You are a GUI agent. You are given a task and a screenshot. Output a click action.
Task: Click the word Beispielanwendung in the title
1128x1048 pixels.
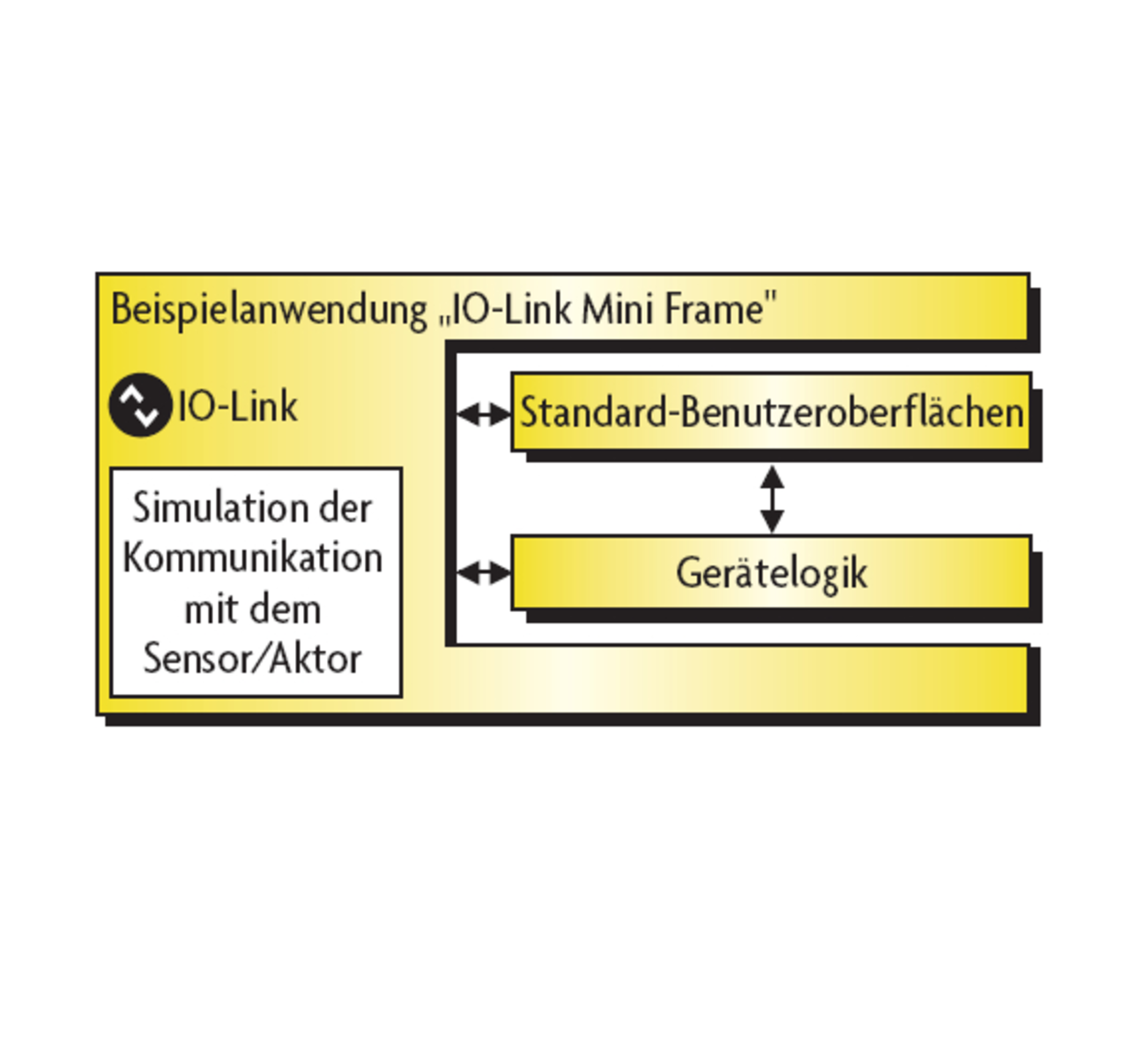pos(269,310)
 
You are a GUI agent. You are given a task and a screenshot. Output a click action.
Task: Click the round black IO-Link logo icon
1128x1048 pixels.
pos(140,405)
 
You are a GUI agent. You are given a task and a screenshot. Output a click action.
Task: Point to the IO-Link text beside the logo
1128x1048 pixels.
pos(238,406)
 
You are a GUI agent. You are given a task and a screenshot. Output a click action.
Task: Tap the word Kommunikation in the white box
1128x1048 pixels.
pos(253,558)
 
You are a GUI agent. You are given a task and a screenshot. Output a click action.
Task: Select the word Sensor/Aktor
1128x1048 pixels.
pos(253,659)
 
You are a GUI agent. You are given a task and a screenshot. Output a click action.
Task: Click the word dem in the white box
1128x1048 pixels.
pos(283,609)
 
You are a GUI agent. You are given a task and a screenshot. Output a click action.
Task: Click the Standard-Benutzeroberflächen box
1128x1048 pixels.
pos(771,412)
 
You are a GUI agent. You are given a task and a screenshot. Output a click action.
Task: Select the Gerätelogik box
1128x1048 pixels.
pos(771,572)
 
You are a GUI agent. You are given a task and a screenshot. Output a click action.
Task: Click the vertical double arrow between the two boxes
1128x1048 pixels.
pos(772,499)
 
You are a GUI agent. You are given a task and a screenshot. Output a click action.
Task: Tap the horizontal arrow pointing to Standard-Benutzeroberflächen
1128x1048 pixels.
pos(484,413)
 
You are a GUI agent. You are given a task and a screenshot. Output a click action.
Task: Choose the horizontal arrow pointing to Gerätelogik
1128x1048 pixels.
pos(484,573)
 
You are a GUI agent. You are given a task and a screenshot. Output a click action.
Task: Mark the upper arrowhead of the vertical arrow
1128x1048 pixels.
pos(772,476)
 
